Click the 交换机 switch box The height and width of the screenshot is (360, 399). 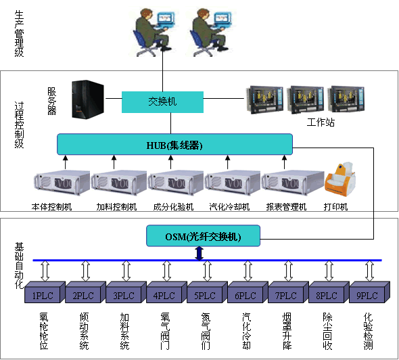(162, 102)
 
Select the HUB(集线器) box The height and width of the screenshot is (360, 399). (174, 144)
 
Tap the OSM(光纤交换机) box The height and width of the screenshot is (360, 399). (203, 235)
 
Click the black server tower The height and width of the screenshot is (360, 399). (88, 99)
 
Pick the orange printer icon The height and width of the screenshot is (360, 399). (340, 179)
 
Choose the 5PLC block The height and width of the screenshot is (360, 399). (207, 292)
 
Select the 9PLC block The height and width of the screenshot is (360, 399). (369, 292)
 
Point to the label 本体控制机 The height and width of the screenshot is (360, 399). (51, 207)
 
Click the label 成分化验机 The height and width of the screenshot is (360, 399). (173, 207)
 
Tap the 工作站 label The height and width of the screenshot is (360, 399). (321, 122)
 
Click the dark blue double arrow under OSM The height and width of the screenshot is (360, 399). (199, 253)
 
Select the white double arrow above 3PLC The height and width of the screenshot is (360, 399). (126, 271)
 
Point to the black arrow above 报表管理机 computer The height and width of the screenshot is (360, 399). (285, 162)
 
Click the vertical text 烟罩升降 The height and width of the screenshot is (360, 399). (287, 331)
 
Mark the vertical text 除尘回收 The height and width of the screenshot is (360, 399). (328, 331)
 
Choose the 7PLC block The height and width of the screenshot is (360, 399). (288, 292)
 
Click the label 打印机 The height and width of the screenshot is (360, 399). (335, 207)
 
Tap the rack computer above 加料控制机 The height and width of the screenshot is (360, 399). (119, 183)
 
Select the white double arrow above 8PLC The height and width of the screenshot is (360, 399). (329, 271)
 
